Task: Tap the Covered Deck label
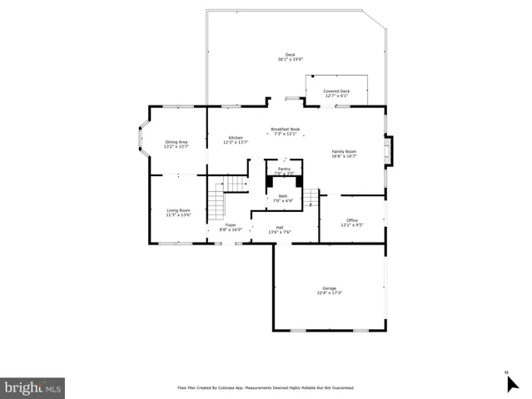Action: click(336, 93)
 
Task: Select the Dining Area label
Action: click(176, 144)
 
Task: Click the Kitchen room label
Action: click(236, 140)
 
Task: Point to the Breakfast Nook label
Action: click(285, 131)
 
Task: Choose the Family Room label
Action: click(344, 153)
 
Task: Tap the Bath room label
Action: click(283, 198)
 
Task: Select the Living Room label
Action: click(178, 212)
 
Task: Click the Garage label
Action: click(331, 291)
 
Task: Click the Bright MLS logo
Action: click(32, 387)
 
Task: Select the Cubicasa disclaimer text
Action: click(266, 387)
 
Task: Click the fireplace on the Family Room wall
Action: click(387, 152)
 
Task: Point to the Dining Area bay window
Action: click(142, 141)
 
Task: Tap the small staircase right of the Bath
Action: click(311, 198)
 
